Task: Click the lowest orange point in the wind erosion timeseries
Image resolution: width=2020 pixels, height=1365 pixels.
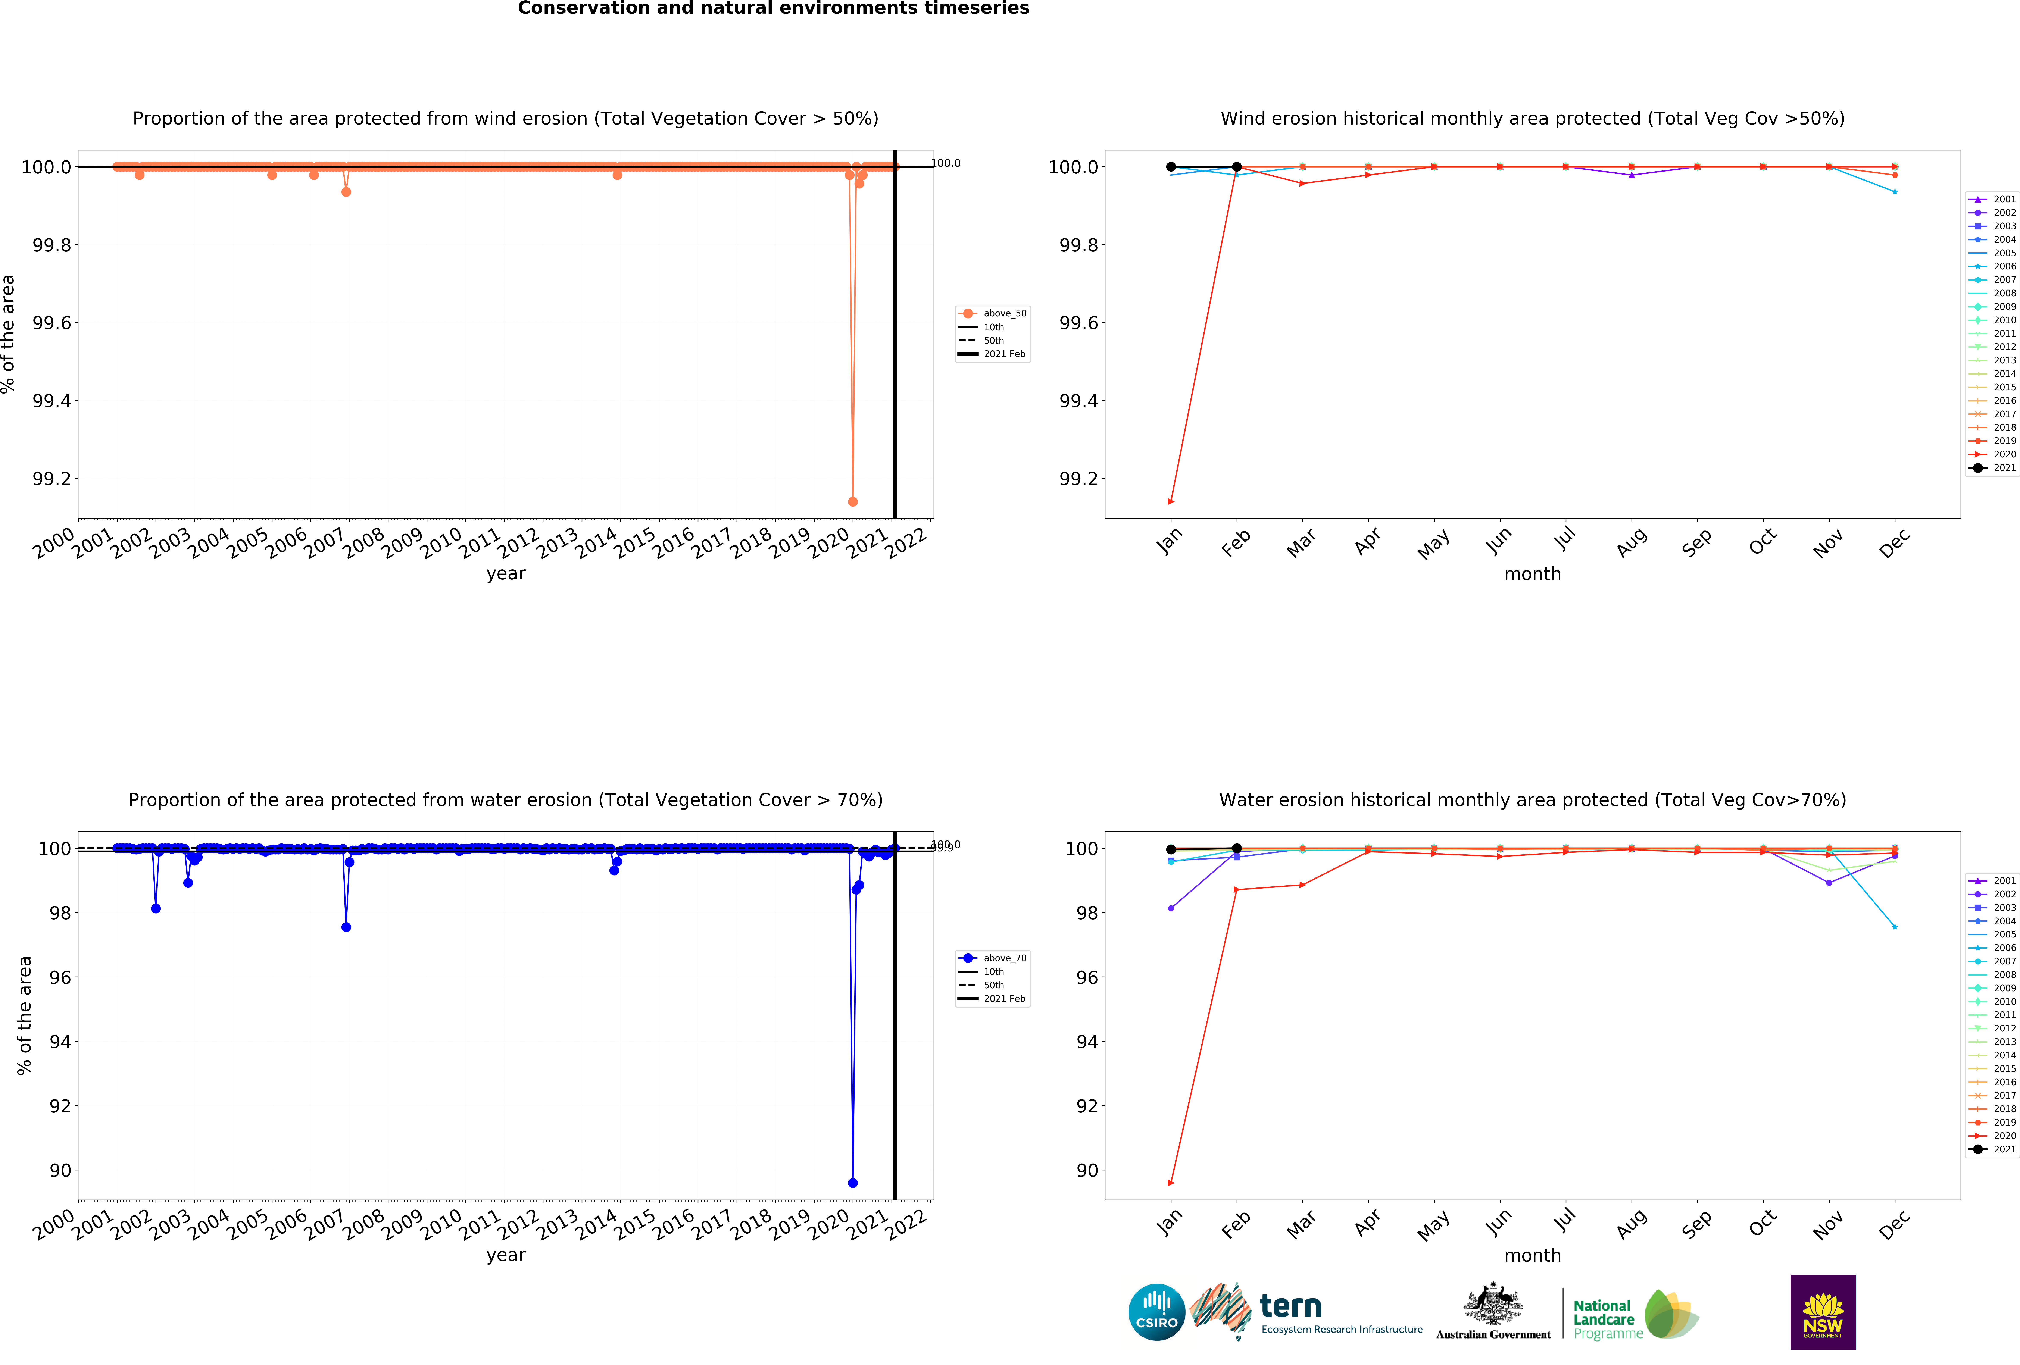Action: pyautogui.click(x=853, y=501)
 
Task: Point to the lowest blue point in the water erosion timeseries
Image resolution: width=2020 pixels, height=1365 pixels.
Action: pyautogui.click(x=853, y=1183)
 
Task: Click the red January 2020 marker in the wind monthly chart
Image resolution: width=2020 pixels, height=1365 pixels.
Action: pyautogui.click(x=1171, y=501)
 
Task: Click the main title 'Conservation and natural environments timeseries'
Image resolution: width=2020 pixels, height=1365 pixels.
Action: pyautogui.click(x=774, y=9)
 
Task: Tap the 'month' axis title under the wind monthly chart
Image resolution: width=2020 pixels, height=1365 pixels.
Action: pyautogui.click(x=1532, y=574)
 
